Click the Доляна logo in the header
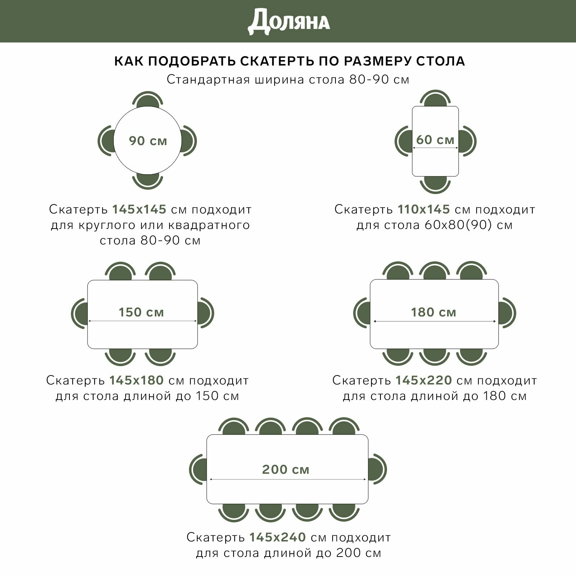(x=289, y=22)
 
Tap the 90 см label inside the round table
(x=148, y=141)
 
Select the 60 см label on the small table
(x=435, y=140)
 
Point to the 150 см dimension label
(x=141, y=312)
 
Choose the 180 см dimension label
(x=433, y=312)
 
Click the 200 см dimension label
(x=286, y=469)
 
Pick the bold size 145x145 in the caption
(x=139, y=209)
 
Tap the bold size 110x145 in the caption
(x=424, y=209)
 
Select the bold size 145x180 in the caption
(x=136, y=380)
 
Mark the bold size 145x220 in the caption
(x=424, y=380)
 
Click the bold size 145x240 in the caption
(x=278, y=537)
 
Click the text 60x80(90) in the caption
(x=458, y=225)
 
